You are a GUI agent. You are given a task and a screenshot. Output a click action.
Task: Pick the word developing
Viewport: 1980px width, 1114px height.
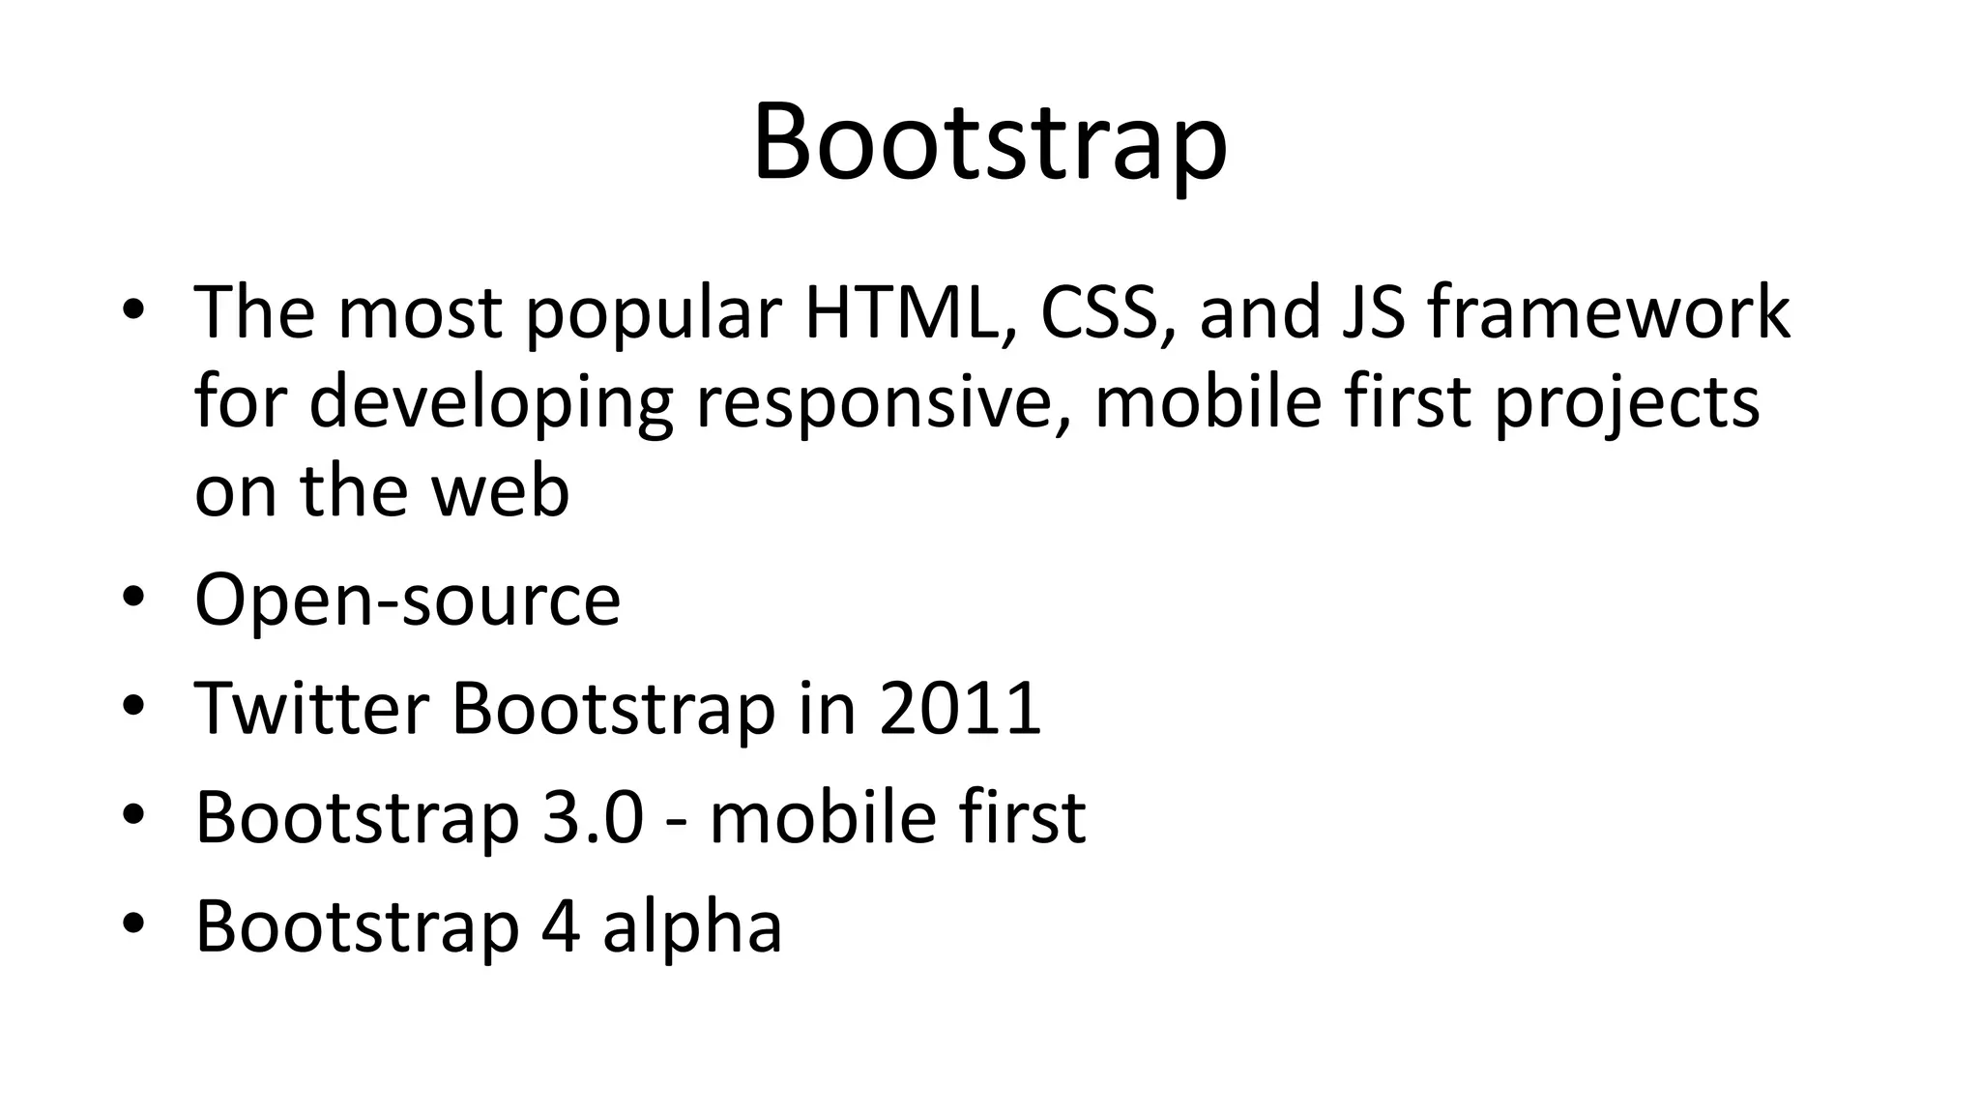[490, 402]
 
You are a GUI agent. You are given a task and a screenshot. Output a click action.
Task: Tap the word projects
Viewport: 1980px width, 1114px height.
[1627, 402]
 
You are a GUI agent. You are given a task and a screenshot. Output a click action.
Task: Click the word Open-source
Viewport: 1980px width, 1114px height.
[407, 601]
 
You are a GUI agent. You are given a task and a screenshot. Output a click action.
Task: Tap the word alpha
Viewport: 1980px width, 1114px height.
[691, 926]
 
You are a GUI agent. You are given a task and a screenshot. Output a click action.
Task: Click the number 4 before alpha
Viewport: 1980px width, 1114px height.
[562, 926]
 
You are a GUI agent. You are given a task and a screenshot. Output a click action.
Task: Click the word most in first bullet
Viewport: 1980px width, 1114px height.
[420, 313]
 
